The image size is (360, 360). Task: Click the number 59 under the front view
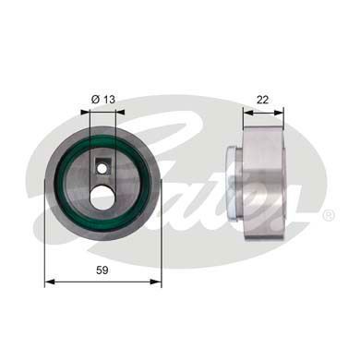click(x=102, y=270)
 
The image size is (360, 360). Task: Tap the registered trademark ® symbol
click(x=329, y=213)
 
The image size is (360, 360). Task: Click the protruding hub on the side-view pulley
click(x=233, y=179)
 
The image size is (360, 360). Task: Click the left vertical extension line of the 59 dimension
click(x=44, y=240)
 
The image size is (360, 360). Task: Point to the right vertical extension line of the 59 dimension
click(x=162, y=240)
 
